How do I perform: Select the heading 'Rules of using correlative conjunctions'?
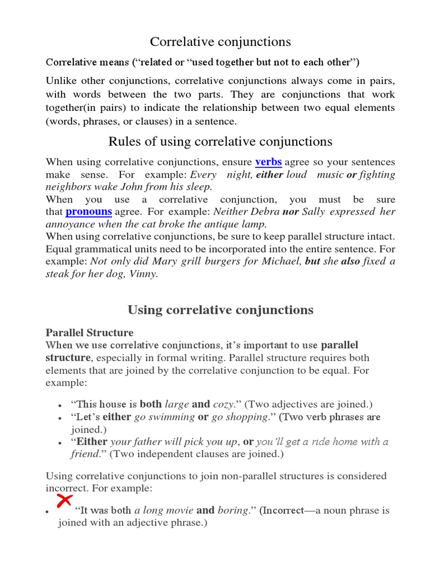[x=220, y=141]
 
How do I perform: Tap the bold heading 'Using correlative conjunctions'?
[x=220, y=310]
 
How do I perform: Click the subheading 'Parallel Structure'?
[x=89, y=333]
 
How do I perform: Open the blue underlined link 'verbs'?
[x=268, y=162]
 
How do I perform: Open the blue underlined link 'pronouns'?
[x=89, y=212]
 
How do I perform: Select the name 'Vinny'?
[x=144, y=274]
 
